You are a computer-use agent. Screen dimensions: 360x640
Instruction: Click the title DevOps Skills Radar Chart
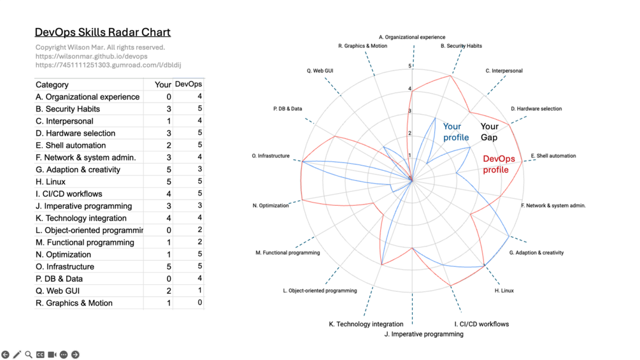(103, 32)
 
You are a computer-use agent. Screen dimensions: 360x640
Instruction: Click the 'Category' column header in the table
(52, 85)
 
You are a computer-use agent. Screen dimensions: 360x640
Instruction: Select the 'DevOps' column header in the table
(188, 84)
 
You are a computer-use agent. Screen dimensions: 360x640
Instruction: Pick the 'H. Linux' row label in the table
(51, 182)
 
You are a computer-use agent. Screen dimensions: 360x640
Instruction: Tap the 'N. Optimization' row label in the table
(64, 254)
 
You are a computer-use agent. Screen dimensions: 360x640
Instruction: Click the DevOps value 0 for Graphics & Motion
(199, 303)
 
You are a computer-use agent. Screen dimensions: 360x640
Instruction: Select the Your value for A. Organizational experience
(169, 97)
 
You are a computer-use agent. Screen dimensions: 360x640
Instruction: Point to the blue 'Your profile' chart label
(456, 132)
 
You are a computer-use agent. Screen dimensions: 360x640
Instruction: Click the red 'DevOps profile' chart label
(499, 164)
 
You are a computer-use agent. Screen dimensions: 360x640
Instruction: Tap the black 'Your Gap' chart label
(490, 132)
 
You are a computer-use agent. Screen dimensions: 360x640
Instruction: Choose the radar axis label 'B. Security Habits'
(461, 46)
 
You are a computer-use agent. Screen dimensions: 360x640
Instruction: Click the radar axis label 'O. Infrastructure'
(271, 156)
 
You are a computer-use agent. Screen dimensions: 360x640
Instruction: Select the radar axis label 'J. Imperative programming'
(424, 334)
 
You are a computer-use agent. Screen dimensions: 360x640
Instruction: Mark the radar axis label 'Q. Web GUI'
(320, 71)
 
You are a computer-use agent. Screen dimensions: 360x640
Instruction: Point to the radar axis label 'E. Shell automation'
(553, 155)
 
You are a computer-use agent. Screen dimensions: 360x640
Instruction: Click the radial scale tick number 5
(410, 66)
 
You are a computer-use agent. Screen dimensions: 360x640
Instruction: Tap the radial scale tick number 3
(410, 112)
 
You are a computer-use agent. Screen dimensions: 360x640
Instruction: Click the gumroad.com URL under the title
(108, 65)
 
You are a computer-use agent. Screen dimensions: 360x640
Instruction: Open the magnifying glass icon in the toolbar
(29, 354)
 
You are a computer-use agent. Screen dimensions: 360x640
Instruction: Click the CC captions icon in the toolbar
(40, 354)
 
